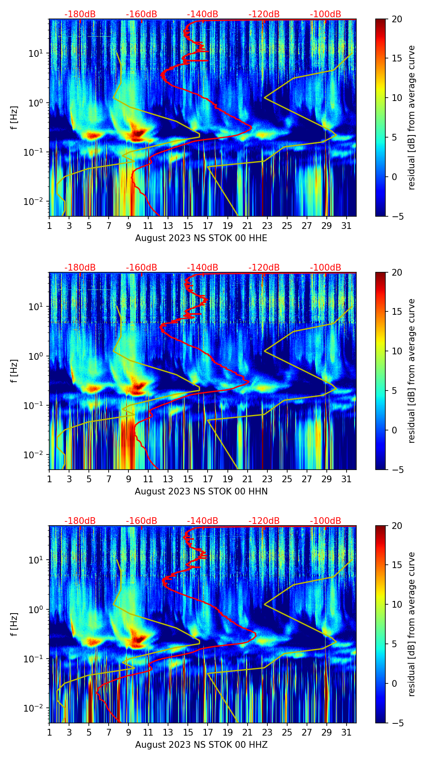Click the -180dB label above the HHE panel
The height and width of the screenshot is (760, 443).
pos(80,14)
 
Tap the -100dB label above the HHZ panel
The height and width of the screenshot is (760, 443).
pos(326,521)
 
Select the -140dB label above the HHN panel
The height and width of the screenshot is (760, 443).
pos(203,268)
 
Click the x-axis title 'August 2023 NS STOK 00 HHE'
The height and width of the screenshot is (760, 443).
pos(201,238)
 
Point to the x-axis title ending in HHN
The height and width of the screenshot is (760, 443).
pos(201,492)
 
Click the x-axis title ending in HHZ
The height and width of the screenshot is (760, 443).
pos(201,745)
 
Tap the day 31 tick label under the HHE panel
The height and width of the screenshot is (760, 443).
pos(347,226)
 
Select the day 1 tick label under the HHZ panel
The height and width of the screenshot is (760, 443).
pos(50,732)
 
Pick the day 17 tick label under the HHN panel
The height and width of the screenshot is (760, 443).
pos(208,479)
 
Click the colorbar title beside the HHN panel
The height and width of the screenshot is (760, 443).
pos(412,371)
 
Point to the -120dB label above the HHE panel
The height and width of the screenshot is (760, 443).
pos(264,14)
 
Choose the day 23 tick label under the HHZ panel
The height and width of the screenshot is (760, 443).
pos(267,732)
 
